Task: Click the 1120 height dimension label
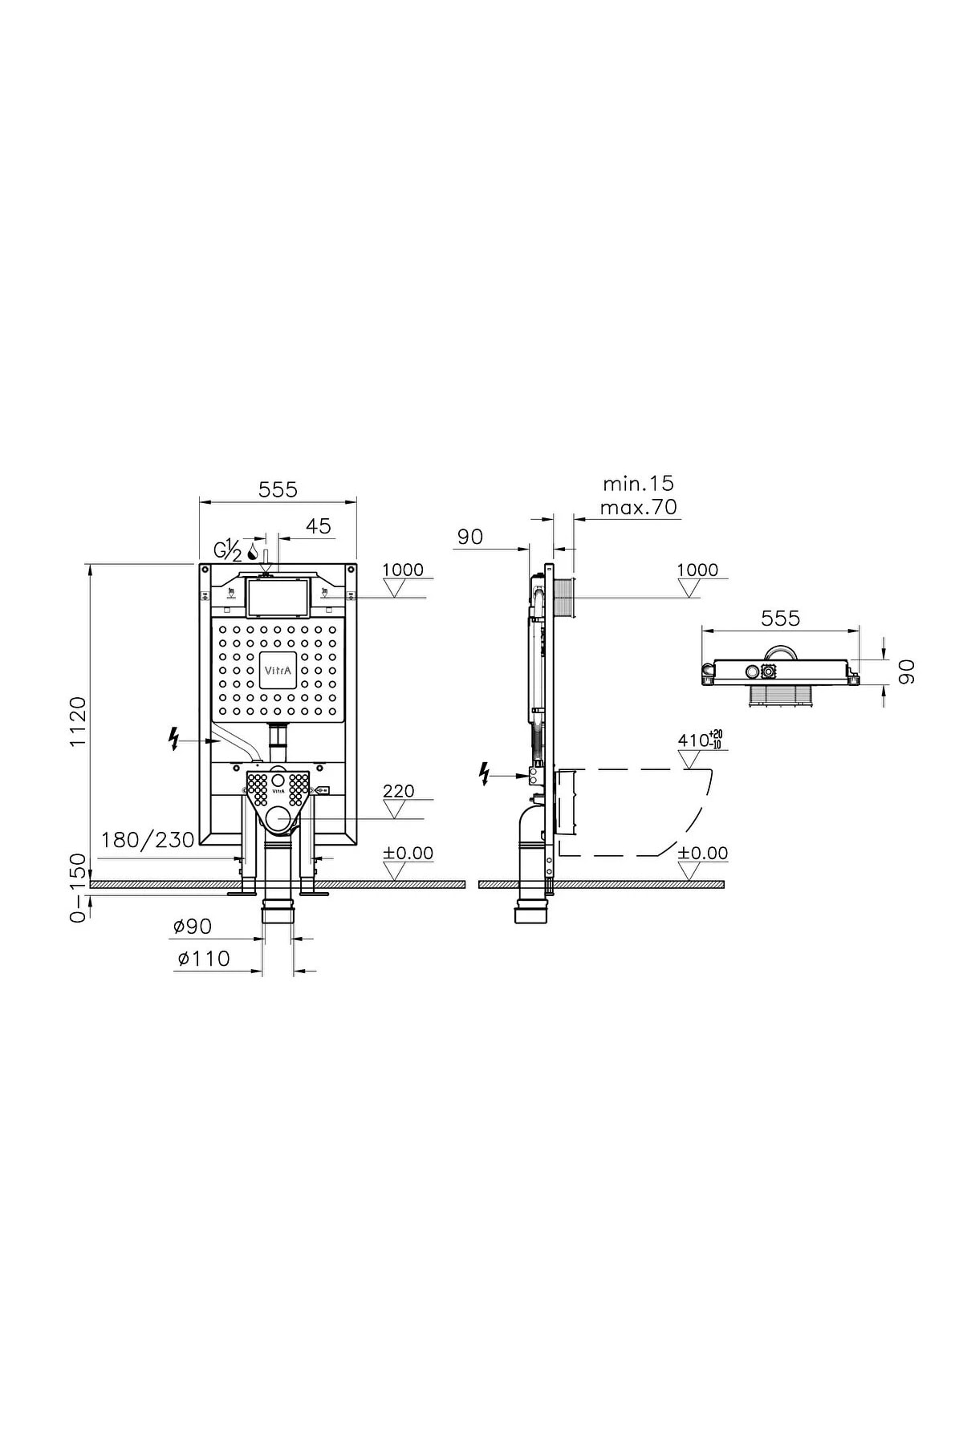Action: [x=78, y=722]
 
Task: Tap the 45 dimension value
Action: [x=319, y=526]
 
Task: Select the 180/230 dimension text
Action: [x=148, y=840]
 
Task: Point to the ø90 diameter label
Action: [x=193, y=927]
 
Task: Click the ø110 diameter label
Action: [x=201, y=959]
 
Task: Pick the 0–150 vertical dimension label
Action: [x=78, y=888]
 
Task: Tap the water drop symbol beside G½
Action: [x=252, y=552]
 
